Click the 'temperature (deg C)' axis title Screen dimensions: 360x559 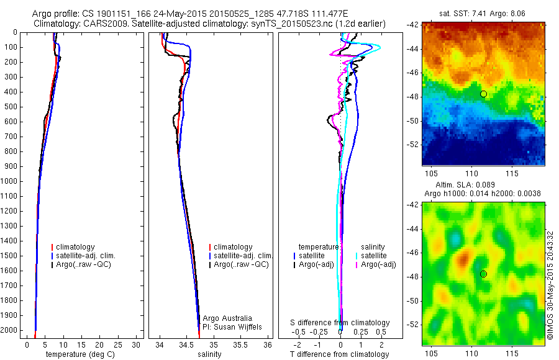(78, 354)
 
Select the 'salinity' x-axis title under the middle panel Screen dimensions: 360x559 (210, 354)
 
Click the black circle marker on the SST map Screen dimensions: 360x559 (483, 94)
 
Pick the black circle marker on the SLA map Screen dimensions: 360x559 (483, 274)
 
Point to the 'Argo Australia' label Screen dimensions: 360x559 (227, 318)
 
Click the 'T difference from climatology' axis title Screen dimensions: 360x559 (339, 354)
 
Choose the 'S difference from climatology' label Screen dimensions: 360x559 (340, 323)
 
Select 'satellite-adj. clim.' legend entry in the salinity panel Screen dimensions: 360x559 (243, 256)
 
